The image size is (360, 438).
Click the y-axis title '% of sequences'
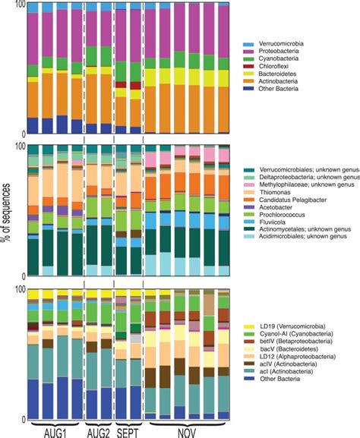click(7, 220)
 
